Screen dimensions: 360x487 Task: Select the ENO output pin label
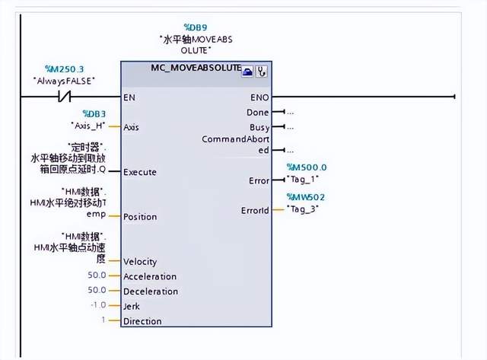point(259,97)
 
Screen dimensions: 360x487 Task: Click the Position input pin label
point(140,217)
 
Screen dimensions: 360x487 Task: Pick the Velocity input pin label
point(140,262)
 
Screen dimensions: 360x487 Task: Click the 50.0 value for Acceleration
point(97,276)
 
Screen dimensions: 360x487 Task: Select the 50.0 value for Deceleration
point(97,292)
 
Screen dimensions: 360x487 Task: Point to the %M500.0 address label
point(307,167)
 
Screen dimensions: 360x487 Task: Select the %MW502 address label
point(307,197)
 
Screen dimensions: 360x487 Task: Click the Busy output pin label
point(259,127)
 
